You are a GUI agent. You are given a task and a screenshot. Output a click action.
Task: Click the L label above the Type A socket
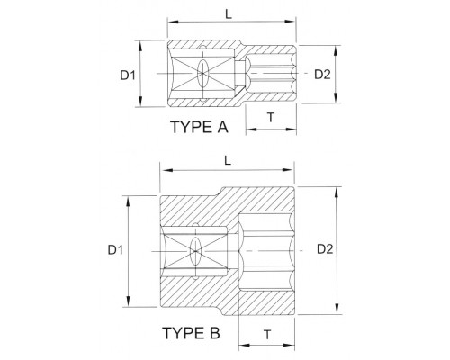229,14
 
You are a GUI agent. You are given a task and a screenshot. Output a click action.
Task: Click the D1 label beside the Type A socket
128,75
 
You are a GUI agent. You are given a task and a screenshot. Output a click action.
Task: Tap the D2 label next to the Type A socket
322,75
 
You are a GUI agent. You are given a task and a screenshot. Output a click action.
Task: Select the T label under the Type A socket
271,118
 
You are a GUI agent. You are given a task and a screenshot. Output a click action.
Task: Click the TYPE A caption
200,127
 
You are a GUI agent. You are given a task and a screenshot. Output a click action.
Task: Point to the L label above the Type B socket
228,161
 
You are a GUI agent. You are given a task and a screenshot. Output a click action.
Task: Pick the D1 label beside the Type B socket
115,249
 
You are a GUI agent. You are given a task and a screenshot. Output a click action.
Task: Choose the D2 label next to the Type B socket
325,249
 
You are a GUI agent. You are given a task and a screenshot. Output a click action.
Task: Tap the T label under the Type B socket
267,334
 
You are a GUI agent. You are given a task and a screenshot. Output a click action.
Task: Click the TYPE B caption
192,333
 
